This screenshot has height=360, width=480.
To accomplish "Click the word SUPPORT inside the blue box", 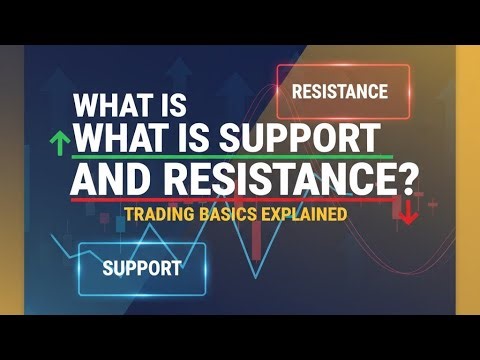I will (141, 268).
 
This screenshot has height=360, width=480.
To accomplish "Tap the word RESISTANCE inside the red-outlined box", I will (339, 92).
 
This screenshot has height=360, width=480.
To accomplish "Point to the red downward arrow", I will (409, 213).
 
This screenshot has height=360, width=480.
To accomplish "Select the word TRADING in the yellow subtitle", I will (160, 213).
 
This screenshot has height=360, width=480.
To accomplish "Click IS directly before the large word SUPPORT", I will (205, 137).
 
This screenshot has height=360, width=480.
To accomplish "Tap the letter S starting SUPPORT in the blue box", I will (108, 268).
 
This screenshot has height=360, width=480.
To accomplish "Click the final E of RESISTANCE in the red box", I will (382, 92).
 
